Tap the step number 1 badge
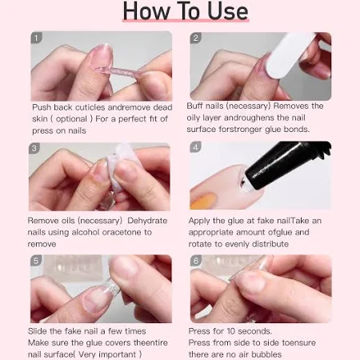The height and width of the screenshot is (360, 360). tap(37, 38)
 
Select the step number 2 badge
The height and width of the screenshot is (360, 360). tap(195, 38)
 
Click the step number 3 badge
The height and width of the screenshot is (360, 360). tap(34, 148)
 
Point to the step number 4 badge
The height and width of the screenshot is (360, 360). tap(195, 147)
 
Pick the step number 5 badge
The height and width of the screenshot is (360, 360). tap(36, 260)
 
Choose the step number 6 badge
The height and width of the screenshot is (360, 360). tap(196, 261)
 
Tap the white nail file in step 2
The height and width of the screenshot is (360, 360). tap(290, 55)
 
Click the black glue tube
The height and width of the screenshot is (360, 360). tap(286, 165)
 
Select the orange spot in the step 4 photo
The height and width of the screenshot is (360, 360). tap(203, 202)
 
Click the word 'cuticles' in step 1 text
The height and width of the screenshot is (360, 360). tap(90, 107)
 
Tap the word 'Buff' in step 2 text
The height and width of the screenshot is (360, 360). tap(194, 106)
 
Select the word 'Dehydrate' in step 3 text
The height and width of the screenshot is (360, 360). tap(147, 221)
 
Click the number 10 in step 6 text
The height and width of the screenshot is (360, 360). tap(230, 331)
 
